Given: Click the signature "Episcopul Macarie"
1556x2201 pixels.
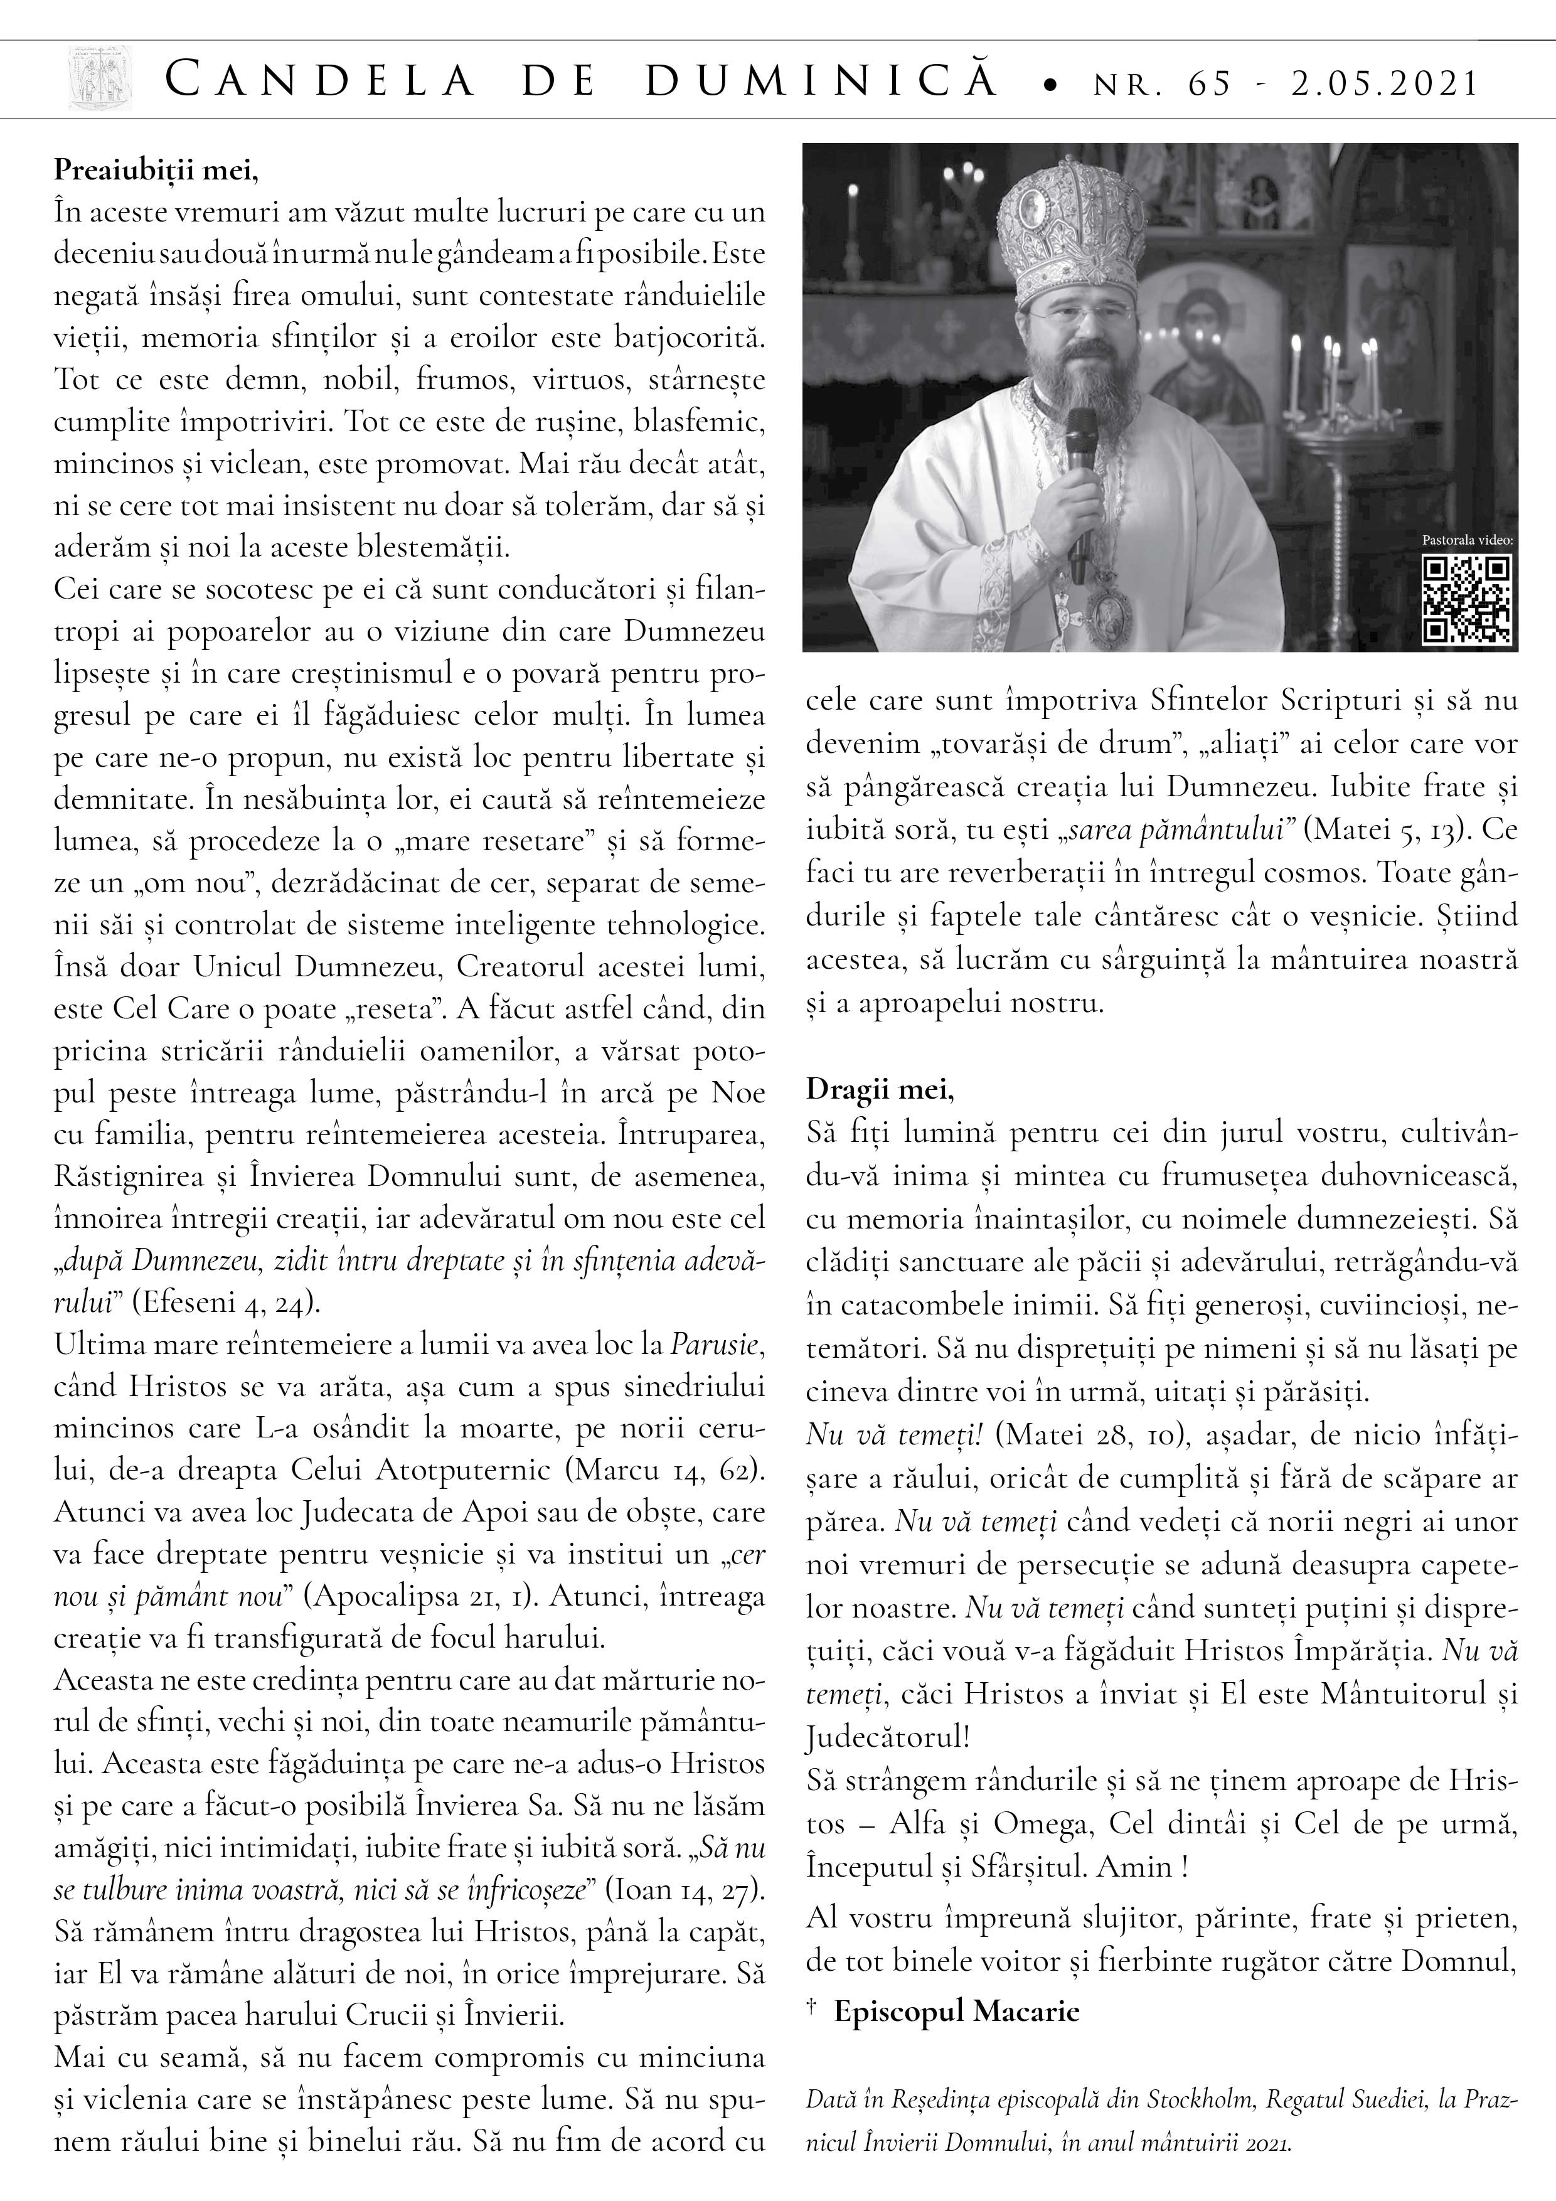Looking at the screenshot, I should (956, 2011).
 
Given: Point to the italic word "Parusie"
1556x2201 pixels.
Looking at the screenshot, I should (715, 1345).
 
